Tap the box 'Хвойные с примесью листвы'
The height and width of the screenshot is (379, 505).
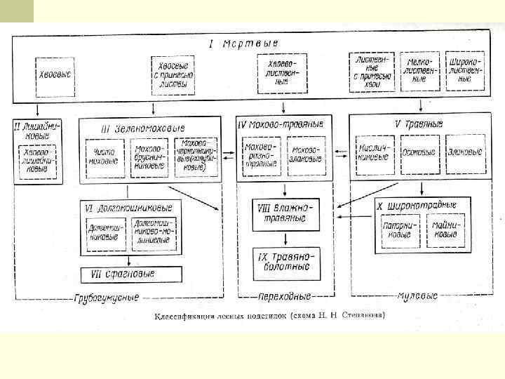point(173,73)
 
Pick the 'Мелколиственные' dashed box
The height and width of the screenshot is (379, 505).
point(420,70)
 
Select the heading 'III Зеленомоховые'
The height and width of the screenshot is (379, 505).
point(143,128)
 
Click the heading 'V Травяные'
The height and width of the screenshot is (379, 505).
point(419,124)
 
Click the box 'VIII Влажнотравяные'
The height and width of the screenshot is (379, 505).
point(285,212)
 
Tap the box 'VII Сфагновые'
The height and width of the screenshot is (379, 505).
point(130,274)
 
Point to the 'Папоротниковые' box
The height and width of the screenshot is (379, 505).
point(400,230)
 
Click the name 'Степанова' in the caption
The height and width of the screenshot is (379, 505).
point(361,316)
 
